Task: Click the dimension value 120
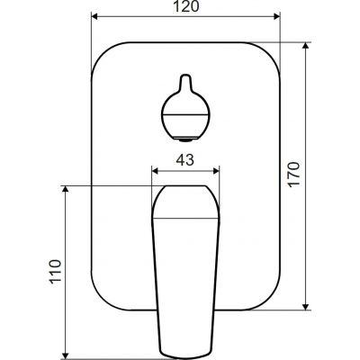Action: [x=186, y=6]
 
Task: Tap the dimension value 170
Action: [x=294, y=175]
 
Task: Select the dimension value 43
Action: [x=185, y=160]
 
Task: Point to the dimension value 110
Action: [x=56, y=271]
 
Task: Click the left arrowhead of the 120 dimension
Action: [x=94, y=16]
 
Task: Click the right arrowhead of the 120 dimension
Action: [x=276, y=16]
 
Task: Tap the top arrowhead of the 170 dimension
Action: [x=305, y=46]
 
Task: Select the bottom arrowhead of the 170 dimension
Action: [x=305, y=307]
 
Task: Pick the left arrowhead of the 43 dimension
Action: [x=156, y=171]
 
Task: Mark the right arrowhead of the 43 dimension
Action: [x=216, y=171]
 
